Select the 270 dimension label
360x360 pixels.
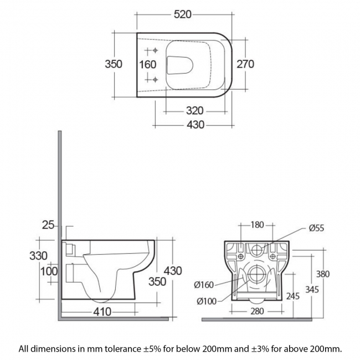click(x=245, y=64)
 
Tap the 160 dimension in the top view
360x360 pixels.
click(x=147, y=64)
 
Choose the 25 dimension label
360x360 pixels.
click(x=48, y=224)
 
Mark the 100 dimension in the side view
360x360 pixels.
click(x=49, y=271)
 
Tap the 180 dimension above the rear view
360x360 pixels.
click(x=257, y=225)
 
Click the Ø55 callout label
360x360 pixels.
click(x=316, y=228)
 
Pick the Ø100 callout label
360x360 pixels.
click(x=205, y=301)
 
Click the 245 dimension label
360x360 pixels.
click(x=294, y=296)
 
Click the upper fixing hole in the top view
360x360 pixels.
click(x=156, y=52)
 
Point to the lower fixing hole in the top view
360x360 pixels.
click(x=156, y=79)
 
